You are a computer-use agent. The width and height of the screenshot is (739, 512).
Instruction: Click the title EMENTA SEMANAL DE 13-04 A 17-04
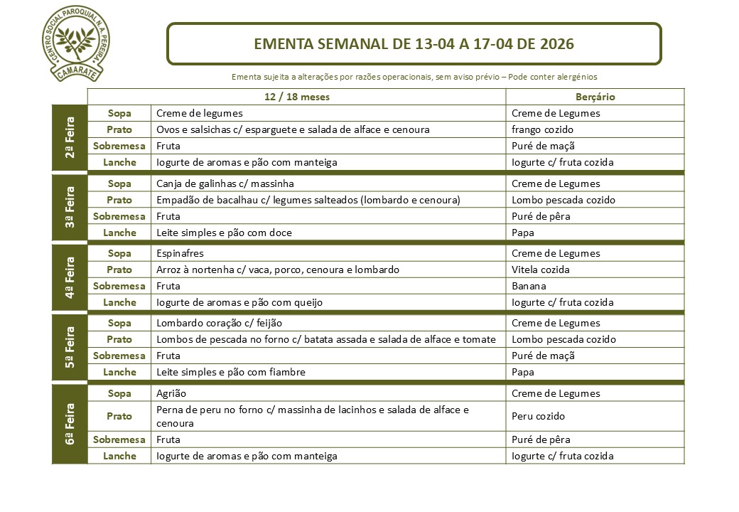pyautogui.click(x=414, y=44)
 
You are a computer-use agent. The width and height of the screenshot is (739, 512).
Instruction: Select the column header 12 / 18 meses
pyautogui.click(x=296, y=97)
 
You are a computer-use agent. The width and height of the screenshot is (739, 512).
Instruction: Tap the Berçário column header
pyautogui.click(x=595, y=97)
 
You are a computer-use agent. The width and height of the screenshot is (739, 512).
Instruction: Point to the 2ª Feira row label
pyautogui.click(x=70, y=137)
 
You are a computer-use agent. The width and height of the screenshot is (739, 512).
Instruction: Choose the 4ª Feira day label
pyautogui.click(x=70, y=277)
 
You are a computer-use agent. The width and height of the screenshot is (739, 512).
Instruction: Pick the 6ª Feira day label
pyautogui.click(x=70, y=425)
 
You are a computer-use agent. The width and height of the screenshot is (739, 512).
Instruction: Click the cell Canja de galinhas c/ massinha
pyautogui.click(x=225, y=183)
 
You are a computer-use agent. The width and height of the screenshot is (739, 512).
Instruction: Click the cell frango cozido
pyautogui.click(x=542, y=129)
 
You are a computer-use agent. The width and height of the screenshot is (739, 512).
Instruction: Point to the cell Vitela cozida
pyautogui.click(x=540, y=270)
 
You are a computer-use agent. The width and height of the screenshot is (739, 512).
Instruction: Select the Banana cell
pyautogui.click(x=529, y=286)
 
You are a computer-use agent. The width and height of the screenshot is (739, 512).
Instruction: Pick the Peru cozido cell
pyautogui.click(x=538, y=416)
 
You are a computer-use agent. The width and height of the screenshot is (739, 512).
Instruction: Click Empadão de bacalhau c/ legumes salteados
pyautogui.click(x=308, y=200)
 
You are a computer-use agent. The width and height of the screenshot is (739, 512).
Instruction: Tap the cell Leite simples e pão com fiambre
pyautogui.click(x=230, y=372)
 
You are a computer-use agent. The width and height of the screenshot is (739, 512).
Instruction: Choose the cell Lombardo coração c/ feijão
pyautogui.click(x=217, y=323)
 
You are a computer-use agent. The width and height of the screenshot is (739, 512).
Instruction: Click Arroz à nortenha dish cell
pyautogui.click(x=277, y=270)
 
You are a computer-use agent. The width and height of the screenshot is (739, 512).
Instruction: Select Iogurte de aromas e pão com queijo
pyautogui.click(x=239, y=302)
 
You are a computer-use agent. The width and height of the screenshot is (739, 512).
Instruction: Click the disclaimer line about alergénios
pyautogui.click(x=414, y=76)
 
